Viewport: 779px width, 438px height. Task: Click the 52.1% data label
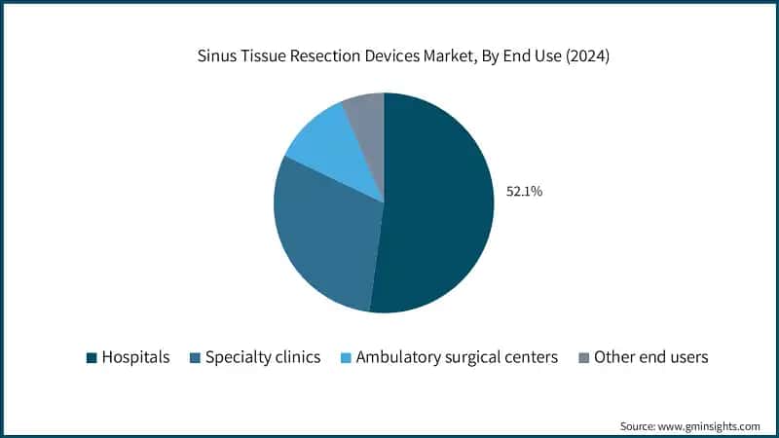(x=524, y=192)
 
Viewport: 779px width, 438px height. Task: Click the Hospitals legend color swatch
(x=92, y=358)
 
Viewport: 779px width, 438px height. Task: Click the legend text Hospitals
(x=135, y=357)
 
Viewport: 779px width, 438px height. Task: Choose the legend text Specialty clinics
(x=263, y=357)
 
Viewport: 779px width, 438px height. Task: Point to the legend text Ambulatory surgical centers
(x=457, y=357)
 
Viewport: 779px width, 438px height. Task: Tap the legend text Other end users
(x=651, y=357)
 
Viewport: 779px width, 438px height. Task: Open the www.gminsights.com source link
(x=709, y=425)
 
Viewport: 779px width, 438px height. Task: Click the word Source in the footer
(x=639, y=425)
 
